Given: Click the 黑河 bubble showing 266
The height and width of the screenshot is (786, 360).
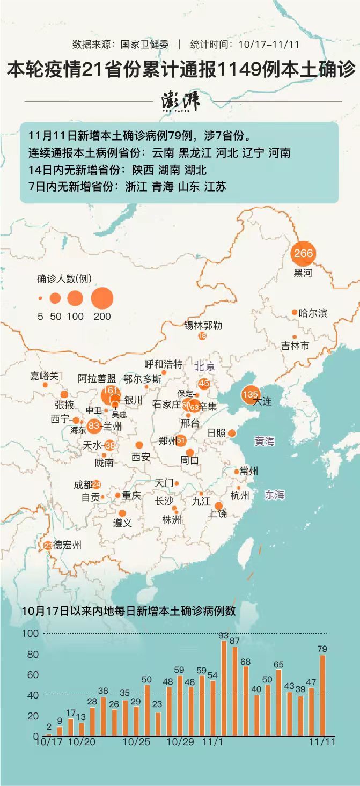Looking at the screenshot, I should [x=303, y=253].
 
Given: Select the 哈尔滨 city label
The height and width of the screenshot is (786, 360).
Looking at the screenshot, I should [x=313, y=313].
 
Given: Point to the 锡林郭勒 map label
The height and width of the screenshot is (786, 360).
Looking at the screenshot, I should [x=203, y=325].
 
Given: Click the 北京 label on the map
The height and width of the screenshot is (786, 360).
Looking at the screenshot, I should [x=205, y=366].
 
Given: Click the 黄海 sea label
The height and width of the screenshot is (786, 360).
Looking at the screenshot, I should [x=265, y=442].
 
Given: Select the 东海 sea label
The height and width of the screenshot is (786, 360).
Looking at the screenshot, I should [x=274, y=495].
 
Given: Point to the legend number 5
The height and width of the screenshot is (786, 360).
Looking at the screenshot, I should [x=40, y=316].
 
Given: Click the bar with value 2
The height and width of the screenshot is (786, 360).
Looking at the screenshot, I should [x=49, y=734].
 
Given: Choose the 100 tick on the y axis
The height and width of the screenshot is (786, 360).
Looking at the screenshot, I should [x=30, y=634].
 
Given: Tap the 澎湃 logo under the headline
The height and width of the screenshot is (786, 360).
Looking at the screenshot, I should [x=180, y=101].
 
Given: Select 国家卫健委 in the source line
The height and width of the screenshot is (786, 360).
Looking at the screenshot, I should [x=144, y=45].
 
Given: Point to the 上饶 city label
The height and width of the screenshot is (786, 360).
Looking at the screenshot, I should [x=218, y=513].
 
